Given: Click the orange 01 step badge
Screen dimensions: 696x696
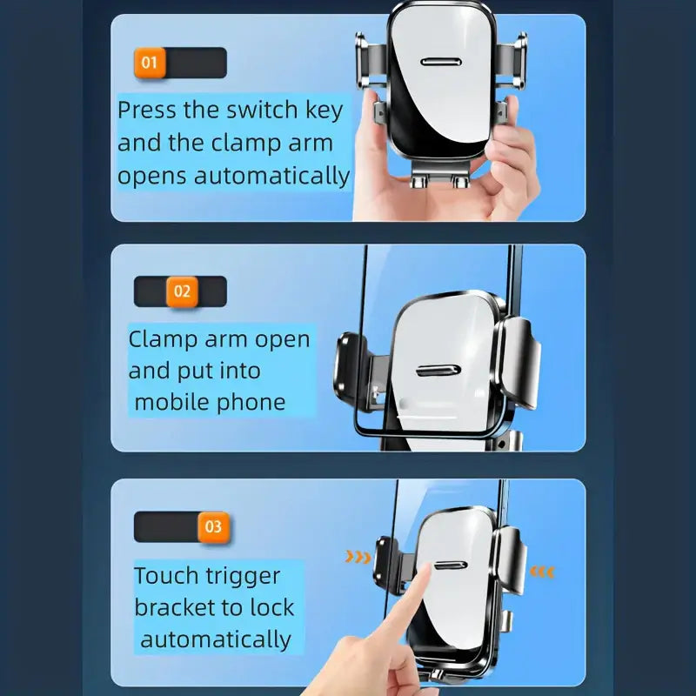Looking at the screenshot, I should [x=150, y=63].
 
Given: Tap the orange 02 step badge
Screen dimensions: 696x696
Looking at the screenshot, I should [x=182, y=291].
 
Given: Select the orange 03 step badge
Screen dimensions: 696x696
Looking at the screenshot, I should [x=212, y=527].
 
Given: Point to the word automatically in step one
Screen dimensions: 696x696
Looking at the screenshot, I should [x=271, y=175].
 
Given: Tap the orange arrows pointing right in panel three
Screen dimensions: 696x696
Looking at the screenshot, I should [x=358, y=557].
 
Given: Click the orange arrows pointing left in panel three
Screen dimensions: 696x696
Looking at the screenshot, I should [x=542, y=572].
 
